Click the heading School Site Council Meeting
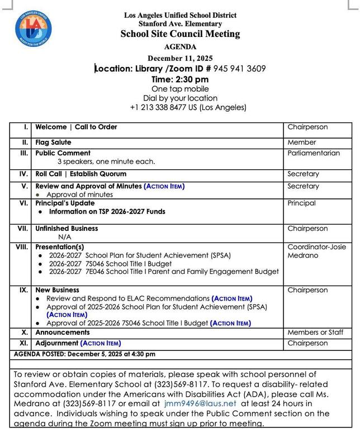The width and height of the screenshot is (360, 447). click(x=180, y=34)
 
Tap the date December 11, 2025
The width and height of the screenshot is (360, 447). click(x=179, y=58)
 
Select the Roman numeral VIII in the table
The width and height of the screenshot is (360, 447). click(x=22, y=246)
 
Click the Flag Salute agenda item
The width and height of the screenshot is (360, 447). click(x=53, y=142)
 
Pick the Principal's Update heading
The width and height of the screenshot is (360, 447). click(x=65, y=203)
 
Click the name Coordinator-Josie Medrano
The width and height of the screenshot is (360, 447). click(x=315, y=251)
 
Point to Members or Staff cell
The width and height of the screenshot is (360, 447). click(x=315, y=332)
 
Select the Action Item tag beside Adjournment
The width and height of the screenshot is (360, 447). click(x=101, y=343)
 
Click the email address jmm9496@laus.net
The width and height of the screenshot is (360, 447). click(x=200, y=403)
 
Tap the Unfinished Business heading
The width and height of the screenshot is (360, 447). click(x=67, y=229)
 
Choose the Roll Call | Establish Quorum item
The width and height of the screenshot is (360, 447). click(x=80, y=174)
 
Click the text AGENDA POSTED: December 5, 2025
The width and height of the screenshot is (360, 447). click(x=84, y=354)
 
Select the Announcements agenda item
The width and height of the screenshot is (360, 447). click(x=63, y=332)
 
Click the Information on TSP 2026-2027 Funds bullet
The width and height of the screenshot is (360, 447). click(x=107, y=212)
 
